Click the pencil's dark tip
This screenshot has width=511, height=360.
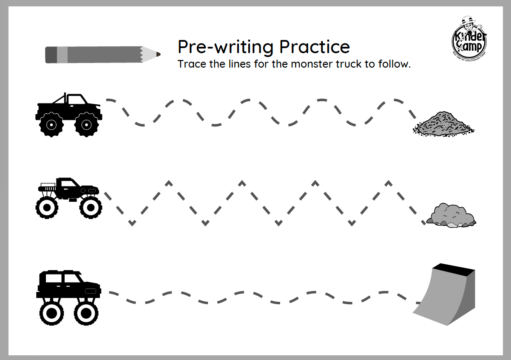159,54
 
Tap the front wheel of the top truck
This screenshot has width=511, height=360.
86,124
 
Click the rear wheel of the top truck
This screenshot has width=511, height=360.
51,124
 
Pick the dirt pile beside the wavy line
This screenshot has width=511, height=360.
443,124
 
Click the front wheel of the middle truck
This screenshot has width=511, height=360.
90,207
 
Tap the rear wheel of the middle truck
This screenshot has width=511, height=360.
47,207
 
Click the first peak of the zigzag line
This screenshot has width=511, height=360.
169,183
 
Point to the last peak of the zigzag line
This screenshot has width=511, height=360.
388,183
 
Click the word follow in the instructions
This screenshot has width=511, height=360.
395,65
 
